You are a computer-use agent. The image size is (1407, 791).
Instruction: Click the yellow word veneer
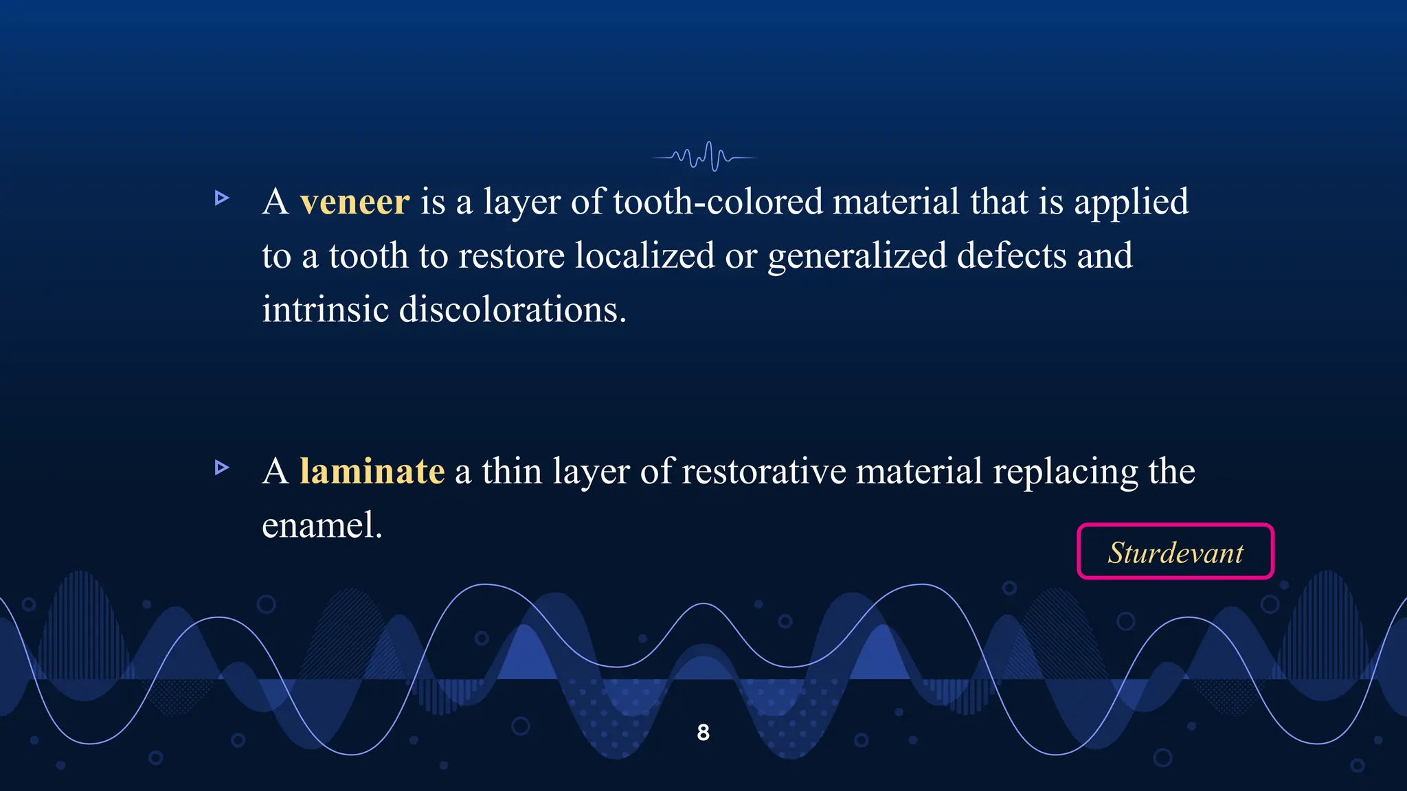[354, 203]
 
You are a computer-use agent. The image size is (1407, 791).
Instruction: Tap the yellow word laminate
[372, 472]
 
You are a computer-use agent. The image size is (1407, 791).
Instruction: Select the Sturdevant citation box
[1175, 552]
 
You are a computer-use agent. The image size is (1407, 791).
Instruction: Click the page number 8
[703, 733]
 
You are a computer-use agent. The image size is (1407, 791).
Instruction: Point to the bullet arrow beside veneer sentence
[221, 198]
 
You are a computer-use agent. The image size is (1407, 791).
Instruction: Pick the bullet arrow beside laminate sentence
[221, 468]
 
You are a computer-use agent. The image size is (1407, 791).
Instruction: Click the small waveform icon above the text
[705, 157]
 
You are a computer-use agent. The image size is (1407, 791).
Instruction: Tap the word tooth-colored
[717, 203]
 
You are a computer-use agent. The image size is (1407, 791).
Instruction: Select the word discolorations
[512, 310]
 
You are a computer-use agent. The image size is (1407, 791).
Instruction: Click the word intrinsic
[325, 310]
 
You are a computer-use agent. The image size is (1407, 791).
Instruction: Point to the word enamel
[321, 526]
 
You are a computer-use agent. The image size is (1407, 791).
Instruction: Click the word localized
[644, 256]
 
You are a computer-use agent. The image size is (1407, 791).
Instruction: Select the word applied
[1131, 203]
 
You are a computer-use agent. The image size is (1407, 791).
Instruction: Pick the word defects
[1011, 256]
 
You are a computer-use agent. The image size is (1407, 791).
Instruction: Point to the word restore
[511, 256]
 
